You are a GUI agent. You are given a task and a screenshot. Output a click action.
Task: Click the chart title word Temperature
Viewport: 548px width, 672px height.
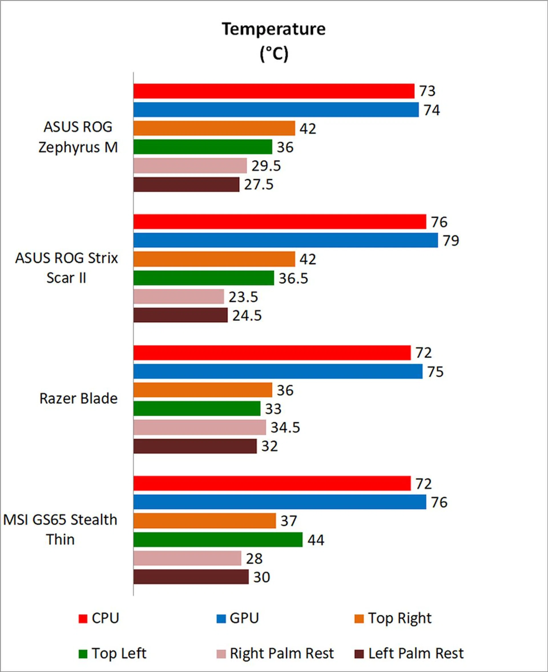[x=273, y=29]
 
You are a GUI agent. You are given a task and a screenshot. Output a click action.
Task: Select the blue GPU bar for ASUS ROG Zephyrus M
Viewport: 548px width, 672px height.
[x=276, y=110]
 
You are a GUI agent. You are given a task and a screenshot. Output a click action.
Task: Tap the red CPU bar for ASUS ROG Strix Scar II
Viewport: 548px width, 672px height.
[x=279, y=222]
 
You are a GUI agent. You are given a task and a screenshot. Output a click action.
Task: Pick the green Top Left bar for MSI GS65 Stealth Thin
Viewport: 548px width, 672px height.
[x=218, y=540]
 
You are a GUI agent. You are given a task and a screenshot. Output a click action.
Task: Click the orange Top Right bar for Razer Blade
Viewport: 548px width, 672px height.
[x=202, y=390]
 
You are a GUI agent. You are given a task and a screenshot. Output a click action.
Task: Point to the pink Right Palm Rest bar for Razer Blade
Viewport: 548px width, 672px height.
[x=200, y=427]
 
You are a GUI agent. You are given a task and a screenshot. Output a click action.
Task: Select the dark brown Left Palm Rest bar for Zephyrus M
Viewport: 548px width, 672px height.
[x=186, y=184]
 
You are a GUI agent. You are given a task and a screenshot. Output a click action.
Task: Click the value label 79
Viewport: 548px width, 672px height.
[x=451, y=241]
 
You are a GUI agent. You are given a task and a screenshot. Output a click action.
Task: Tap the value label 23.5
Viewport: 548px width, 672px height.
[x=243, y=297]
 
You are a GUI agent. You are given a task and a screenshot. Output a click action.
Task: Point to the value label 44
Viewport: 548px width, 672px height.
[x=316, y=540]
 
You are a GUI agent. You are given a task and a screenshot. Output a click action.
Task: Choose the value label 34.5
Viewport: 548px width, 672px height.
[x=285, y=427]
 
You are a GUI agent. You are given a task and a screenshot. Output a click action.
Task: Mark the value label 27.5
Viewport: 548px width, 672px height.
[x=258, y=185]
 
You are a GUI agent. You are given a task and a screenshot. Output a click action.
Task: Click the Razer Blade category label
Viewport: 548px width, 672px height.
[x=78, y=399]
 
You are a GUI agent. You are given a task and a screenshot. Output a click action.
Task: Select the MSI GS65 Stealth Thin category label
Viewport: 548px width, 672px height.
[x=60, y=529]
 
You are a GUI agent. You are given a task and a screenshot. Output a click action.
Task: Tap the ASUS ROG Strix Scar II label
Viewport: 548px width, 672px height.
[x=66, y=268]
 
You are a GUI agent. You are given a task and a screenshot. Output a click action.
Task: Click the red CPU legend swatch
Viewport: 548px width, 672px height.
[x=83, y=618]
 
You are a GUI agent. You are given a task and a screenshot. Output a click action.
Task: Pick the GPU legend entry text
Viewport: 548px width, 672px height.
[x=244, y=618]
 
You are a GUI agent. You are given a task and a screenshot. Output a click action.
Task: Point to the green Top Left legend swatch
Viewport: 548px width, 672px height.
[x=83, y=654]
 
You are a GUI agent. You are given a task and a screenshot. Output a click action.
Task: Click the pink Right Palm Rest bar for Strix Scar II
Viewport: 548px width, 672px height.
[x=178, y=297]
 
